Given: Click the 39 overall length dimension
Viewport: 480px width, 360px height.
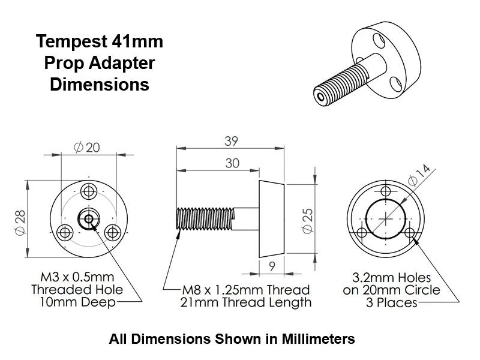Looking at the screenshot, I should [x=230, y=142].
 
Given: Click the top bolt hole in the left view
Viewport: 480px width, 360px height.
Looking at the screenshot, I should [x=89, y=191].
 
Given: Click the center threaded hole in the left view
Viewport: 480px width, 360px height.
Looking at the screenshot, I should [x=89, y=219].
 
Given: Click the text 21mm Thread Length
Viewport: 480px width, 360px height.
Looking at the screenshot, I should [x=246, y=302].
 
